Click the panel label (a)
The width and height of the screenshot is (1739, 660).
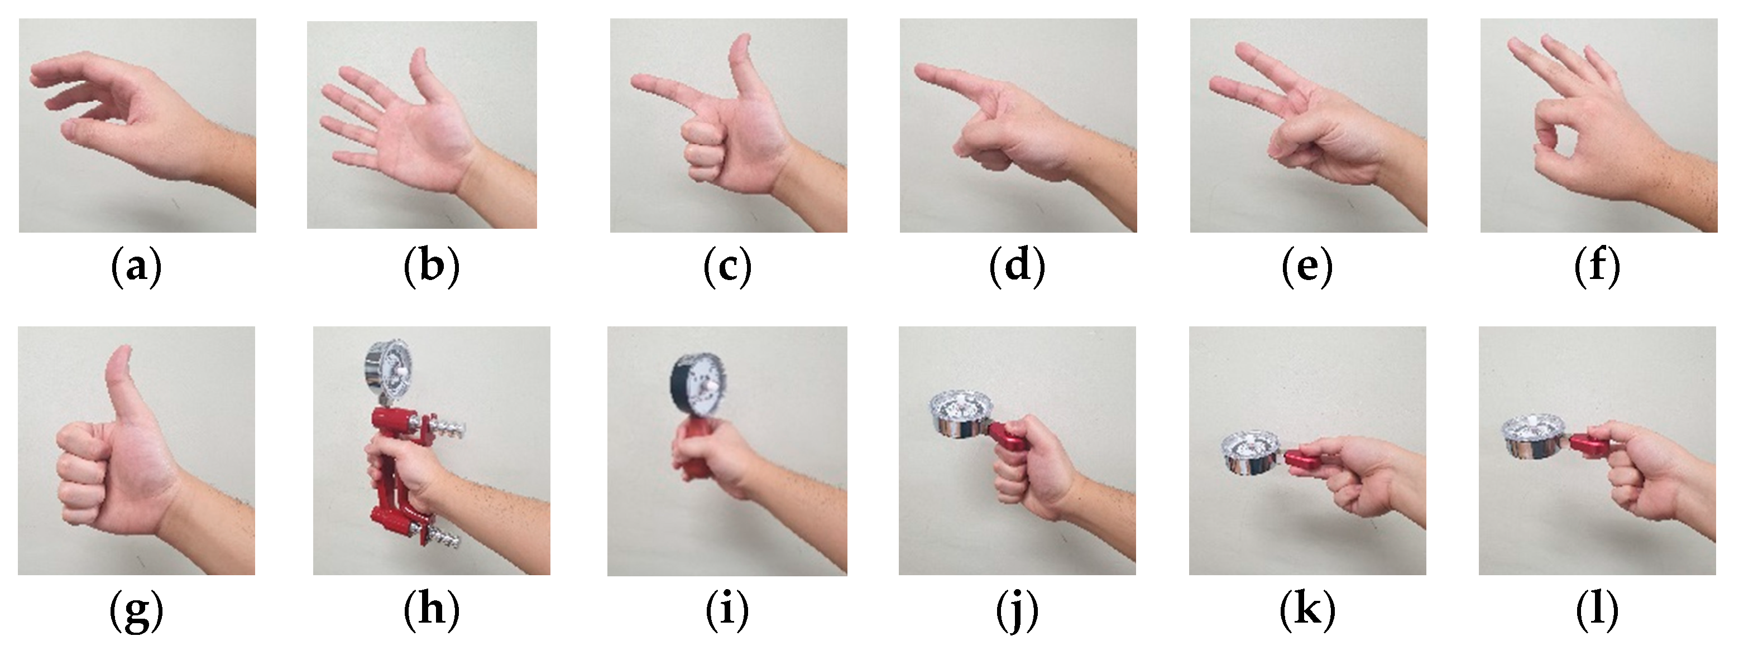(136, 267)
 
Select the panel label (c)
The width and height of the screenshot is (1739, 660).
(727, 267)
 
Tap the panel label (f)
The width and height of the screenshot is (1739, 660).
(1597, 267)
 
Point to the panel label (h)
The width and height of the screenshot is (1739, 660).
(432, 611)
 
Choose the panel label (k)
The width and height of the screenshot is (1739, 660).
(1307, 611)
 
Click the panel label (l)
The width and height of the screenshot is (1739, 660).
(1597, 611)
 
